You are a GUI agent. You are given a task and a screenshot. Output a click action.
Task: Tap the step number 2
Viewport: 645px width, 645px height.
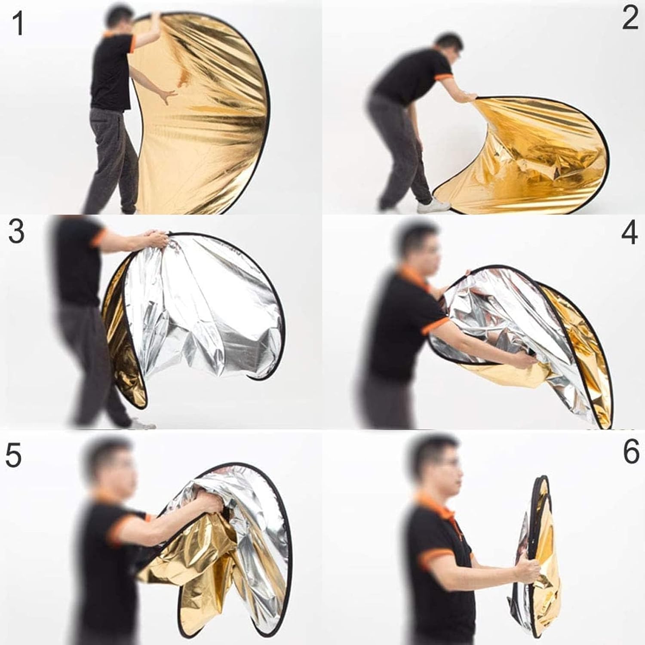point(630,19)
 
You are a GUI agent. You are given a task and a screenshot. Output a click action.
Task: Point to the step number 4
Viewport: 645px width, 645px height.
point(630,233)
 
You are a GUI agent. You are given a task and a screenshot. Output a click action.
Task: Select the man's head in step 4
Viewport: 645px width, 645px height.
point(415,249)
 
